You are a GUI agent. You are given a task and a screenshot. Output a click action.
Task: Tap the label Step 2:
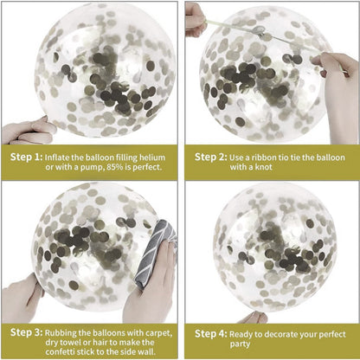point(210,157)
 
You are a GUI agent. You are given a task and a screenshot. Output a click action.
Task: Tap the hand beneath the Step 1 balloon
point(26,130)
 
